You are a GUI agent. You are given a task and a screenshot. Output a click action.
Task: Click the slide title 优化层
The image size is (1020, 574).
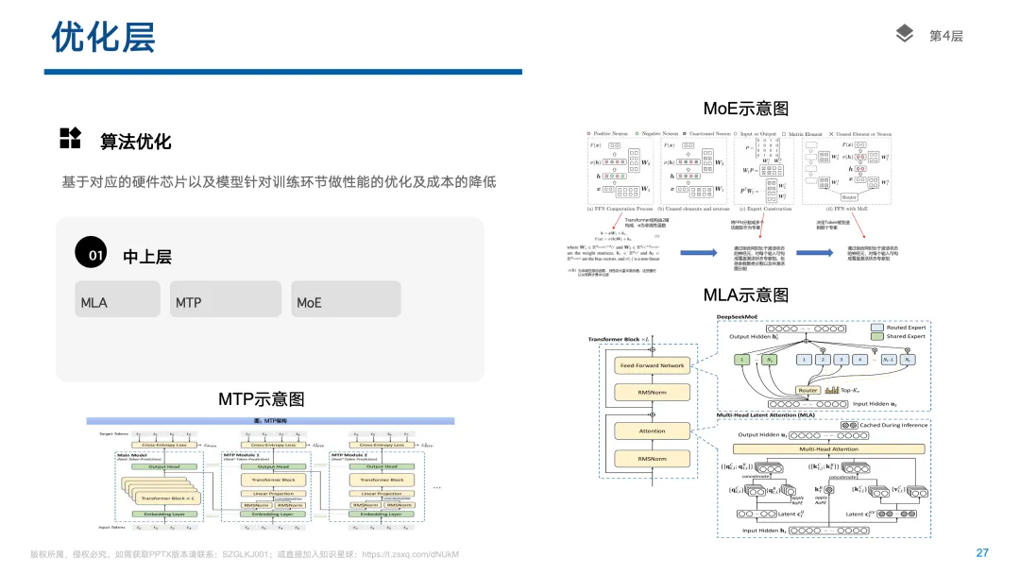pos(103,38)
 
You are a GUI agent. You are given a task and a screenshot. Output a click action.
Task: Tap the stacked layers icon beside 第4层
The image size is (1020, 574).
pos(905,35)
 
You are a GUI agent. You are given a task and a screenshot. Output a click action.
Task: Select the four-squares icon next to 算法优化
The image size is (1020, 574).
pos(70,139)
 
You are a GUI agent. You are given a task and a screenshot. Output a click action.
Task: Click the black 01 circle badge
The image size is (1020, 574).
pos(95,256)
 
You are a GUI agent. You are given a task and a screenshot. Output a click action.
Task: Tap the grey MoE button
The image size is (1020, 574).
pos(346,299)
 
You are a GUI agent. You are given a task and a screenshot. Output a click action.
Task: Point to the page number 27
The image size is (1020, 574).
pos(982,553)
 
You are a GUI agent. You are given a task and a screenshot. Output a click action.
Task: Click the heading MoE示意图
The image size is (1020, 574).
pos(746,109)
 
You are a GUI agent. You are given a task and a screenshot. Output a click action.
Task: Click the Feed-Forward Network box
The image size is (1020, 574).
pos(652,365)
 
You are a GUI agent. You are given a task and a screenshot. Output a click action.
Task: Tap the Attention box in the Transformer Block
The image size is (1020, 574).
pos(652,431)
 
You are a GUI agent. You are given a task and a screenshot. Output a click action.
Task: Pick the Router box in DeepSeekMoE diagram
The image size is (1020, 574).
pos(807,390)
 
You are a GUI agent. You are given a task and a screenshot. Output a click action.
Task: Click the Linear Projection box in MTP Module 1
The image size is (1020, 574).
pos(274,494)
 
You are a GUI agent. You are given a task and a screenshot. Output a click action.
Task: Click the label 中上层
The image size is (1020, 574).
pos(147,257)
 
